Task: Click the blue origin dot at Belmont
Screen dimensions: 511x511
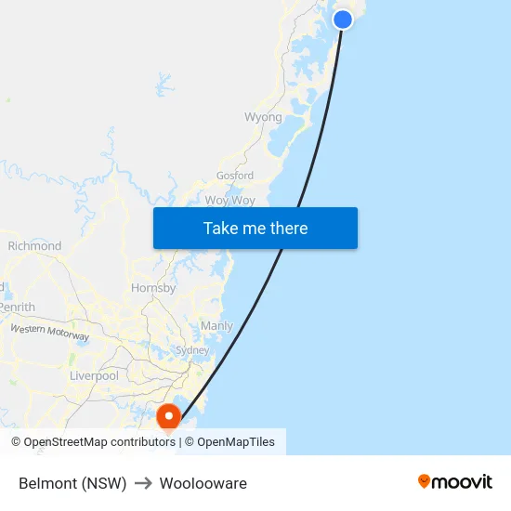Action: click(343, 19)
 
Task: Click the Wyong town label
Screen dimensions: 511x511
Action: click(263, 117)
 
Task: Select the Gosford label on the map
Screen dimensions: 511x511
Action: click(234, 175)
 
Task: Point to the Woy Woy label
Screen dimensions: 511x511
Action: click(229, 200)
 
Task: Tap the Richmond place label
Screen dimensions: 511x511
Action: click(34, 246)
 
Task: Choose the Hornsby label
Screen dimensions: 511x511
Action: click(153, 288)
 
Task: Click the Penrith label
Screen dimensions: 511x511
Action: click(17, 307)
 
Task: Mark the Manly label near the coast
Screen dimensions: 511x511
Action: click(216, 326)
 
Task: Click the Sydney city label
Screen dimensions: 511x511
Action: click(192, 350)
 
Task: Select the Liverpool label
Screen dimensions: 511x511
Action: click(94, 376)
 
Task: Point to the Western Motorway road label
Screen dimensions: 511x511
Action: click(49, 331)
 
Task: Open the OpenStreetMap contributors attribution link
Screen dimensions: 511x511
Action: click(93, 442)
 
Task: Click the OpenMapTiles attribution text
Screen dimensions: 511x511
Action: click(229, 442)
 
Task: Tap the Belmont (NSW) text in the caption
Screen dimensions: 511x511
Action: click(72, 483)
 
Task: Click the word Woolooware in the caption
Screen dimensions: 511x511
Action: click(203, 483)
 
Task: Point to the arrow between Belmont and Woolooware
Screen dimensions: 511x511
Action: click(143, 483)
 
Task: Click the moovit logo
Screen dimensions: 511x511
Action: click(455, 481)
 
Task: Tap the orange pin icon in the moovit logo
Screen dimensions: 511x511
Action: click(425, 481)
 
